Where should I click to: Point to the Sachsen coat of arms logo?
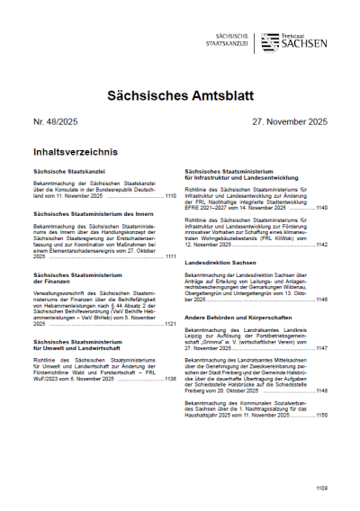pyautogui.click(x=268, y=42)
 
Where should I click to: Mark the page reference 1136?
pyautogui.click(x=170, y=378)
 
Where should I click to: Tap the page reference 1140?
pyautogui.click(x=321, y=207)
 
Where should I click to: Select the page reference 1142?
pyautogui.click(x=321, y=244)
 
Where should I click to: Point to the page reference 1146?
pyautogui.click(x=321, y=299)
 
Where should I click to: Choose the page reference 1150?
pyautogui.click(x=321, y=415)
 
